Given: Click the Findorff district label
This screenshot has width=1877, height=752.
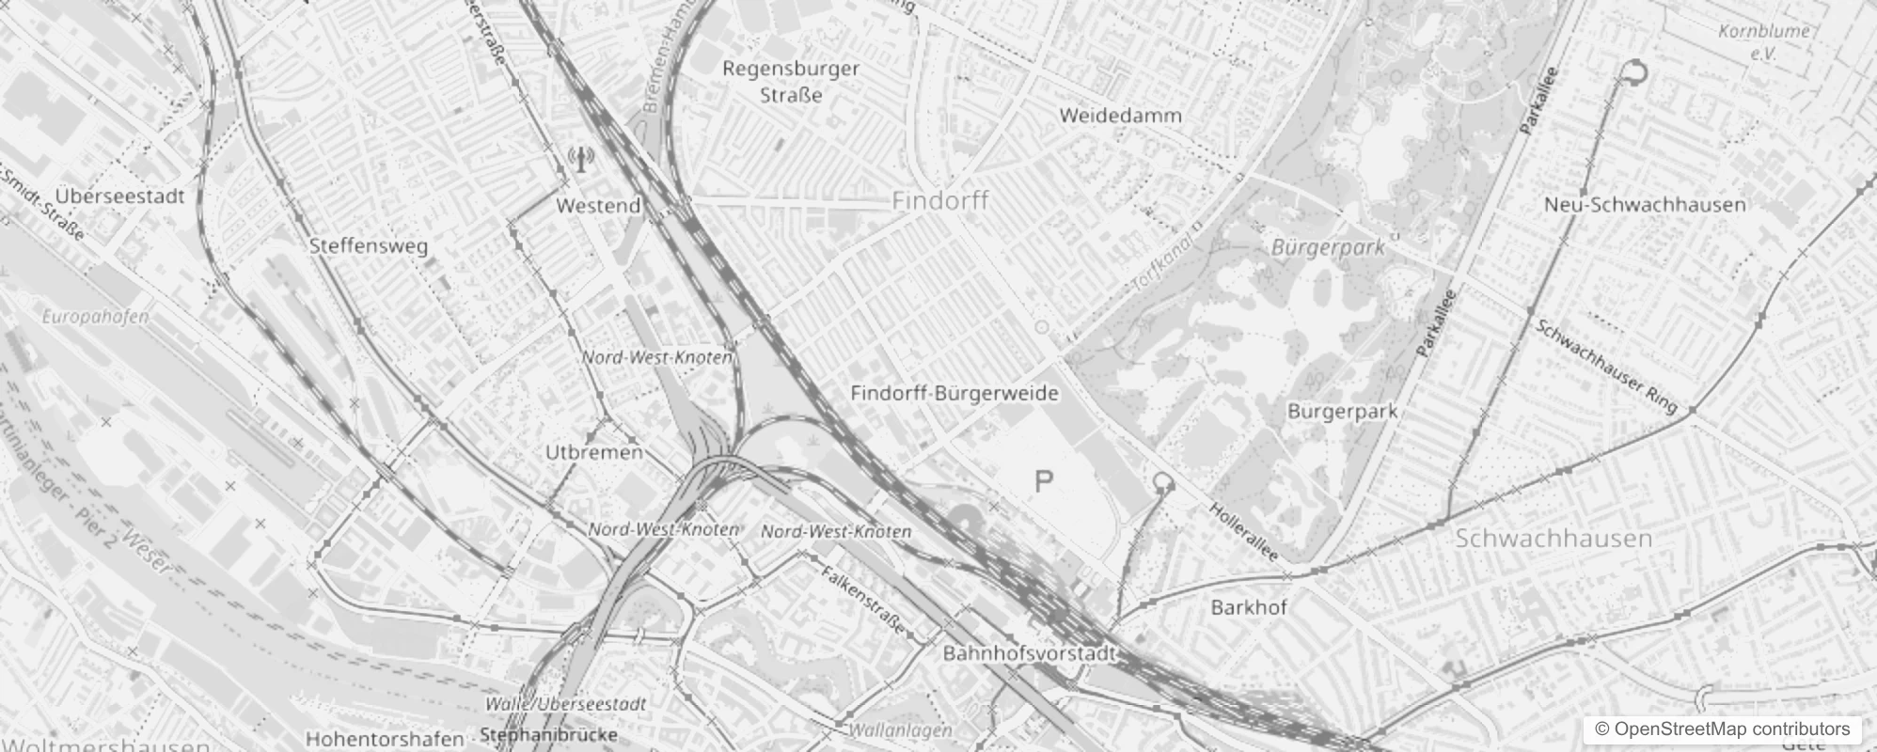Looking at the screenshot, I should pyautogui.click(x=939, y=201).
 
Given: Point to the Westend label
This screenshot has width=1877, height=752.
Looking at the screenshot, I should pyautogui.click(x=598, y=206).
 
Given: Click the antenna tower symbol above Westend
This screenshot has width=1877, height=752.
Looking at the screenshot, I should pyautogui.click(x=581, y=160).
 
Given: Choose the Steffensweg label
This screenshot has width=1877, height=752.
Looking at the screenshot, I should pyautogui.click(x=369, y=246).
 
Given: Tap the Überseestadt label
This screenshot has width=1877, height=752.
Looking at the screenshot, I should pyautogui.click(x=119, y=196).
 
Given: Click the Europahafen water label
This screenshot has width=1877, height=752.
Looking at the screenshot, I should pyautogui.click(x=96, y=317).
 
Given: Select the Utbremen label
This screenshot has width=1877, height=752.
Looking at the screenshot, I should pyautogui.click(x=594, y=452).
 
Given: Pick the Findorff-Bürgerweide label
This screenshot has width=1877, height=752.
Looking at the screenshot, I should pyautogui.click(x=954, y=394).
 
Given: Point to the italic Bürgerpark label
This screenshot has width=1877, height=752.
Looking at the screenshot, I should pyautogui.click(x=1328, y=248).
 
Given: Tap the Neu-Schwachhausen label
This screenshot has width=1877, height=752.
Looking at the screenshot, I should pyautogui.click(x=1645, y=205).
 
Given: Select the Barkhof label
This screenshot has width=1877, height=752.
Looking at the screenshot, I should pyautogui.click(x=1249, y=607).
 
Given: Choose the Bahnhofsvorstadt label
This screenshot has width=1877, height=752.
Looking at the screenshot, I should pyautogui.click(x=1029, y=652).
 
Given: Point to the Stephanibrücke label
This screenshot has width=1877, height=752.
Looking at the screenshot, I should pyautogui.click(x=548, y=734).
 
